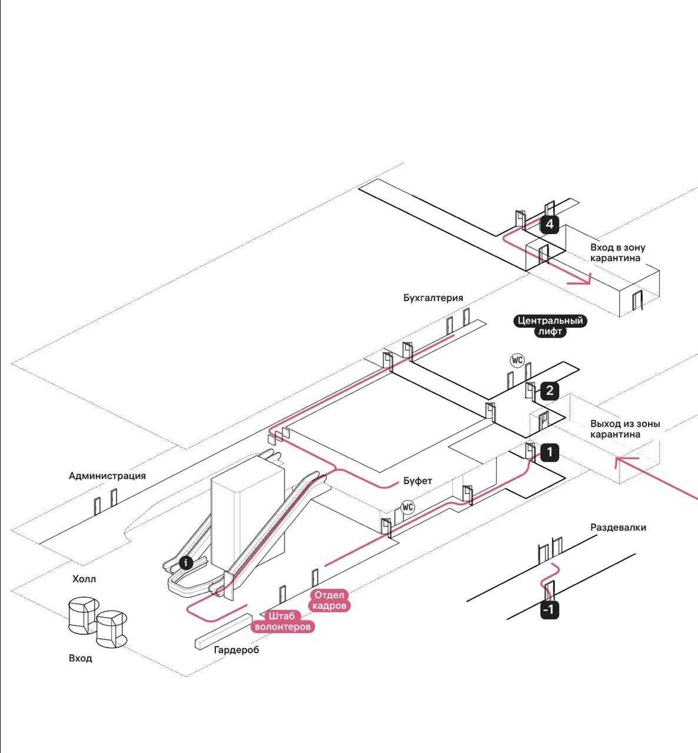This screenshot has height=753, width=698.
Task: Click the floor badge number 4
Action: pyautogui.click(x=549, y=225)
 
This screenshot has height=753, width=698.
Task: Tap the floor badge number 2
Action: pyautogui.click(x=549, y=391)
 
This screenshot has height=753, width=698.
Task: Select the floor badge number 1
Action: pyautogui.click(x=549, y=452)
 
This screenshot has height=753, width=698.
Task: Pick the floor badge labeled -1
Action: pyautogui.click(x=549, y=611)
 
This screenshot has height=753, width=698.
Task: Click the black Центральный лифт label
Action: pyautogui.click(x=550, y=326)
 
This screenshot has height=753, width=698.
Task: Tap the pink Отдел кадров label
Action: pyautogui.click(x=330, y=600)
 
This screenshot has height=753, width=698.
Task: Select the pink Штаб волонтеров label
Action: pyautogui.click(x=282, y=621)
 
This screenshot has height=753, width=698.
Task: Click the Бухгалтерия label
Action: pyautogui.click(x=433, y=298)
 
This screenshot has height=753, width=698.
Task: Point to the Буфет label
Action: pyautogui.click(x=417, y=481)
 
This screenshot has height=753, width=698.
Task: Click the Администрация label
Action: pyautogui.click(x=107, y=476)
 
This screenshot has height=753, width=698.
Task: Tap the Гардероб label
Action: pyautogui.click(x=236, y=649)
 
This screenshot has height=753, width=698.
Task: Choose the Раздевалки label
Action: pyautogui.click(x=618, y=527)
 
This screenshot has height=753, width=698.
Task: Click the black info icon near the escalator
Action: pyautogui.click(x=186, y=563)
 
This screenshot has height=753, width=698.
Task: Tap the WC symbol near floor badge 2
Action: pyautogui.click(x=517, y=360)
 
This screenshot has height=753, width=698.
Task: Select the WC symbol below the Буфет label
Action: pyautogui.click(x=408, y=507)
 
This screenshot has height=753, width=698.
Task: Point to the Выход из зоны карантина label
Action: pyautogui.click(x=625, y=429)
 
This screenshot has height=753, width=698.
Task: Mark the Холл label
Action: pyautogui.click(x=84, y=579)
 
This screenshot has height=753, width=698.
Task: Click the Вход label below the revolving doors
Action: pyautogui.click(x=81, y=658)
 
